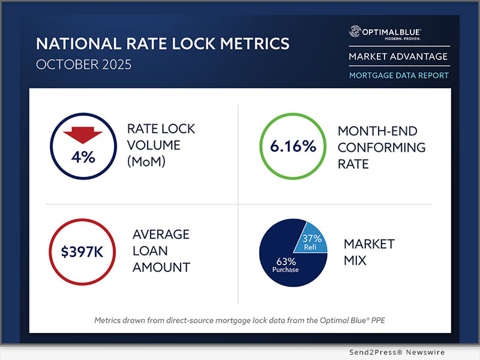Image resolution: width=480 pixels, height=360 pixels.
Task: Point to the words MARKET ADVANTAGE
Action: [x=398, y=56]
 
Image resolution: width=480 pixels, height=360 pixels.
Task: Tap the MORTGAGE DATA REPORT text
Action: [x=398, y=76]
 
